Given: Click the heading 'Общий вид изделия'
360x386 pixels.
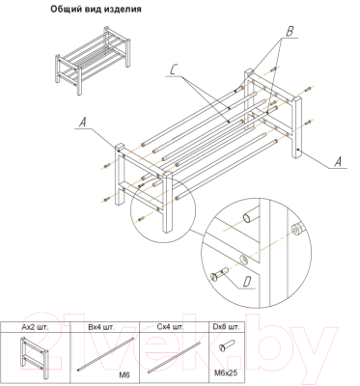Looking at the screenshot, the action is point(96,10).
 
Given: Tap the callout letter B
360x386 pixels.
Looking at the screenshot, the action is point(290,32).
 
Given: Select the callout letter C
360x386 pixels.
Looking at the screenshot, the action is point(174,69).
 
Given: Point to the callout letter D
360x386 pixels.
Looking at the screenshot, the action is point(247,282).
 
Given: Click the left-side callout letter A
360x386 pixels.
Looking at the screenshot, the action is point(83,123).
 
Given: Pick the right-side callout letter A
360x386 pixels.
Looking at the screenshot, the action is point(338,162).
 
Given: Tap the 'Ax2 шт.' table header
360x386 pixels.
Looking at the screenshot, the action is point(35,328).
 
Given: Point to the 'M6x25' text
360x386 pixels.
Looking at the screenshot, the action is point(226,372).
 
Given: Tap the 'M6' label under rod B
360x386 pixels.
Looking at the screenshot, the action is point(125,374).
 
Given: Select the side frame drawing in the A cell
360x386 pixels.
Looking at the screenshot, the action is point(34,358).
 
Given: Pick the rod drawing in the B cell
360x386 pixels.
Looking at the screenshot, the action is point(104,354).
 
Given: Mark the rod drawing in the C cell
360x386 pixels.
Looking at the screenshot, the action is point(173,359).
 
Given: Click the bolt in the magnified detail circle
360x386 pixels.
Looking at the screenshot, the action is point(219,274).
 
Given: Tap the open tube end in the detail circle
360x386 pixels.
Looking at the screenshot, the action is point(250,216).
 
